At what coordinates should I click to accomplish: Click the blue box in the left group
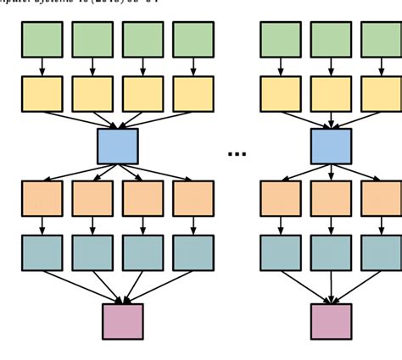pos(117,147)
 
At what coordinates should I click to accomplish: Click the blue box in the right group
pos(331,147)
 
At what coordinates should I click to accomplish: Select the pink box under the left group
pos(123,321)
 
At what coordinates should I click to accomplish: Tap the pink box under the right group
pos(331,321)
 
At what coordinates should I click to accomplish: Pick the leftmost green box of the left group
pos(42,40)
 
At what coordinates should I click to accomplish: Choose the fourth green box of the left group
pos(193,40)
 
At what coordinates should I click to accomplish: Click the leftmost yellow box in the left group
pos(42,94)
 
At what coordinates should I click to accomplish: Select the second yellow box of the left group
pos(92,94)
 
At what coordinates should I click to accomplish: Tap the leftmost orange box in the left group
pos(42,198)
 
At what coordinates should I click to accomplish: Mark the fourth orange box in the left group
pos(193,198)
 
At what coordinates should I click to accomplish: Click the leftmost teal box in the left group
pos(42,252)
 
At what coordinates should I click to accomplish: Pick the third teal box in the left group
pos(142,252)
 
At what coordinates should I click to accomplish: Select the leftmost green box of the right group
pos(280,40)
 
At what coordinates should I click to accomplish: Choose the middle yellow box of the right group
pos(331,94)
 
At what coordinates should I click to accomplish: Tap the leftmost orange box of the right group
pos(280,198)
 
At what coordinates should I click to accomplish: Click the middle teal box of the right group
pos(331,252)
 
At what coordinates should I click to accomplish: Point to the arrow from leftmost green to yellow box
pos(42,67)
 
